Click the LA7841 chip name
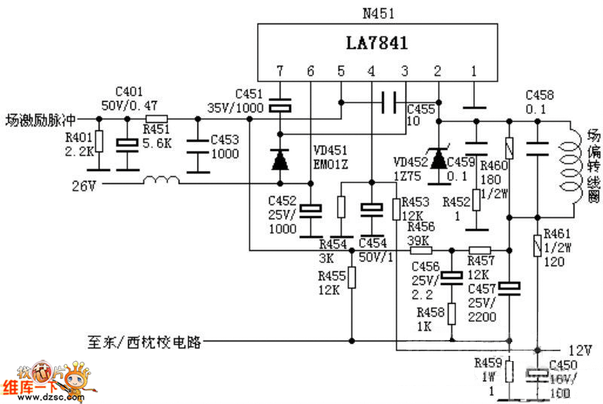pos(378,44)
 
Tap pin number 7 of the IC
pos(280,72)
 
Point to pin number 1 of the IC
pos(473,72)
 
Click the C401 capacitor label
pos(128,90)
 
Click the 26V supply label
pos(84,183)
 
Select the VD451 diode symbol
pos(280,159)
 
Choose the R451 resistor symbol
pos(156,119)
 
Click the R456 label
pos(420,227)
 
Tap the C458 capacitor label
pos(539,94)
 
